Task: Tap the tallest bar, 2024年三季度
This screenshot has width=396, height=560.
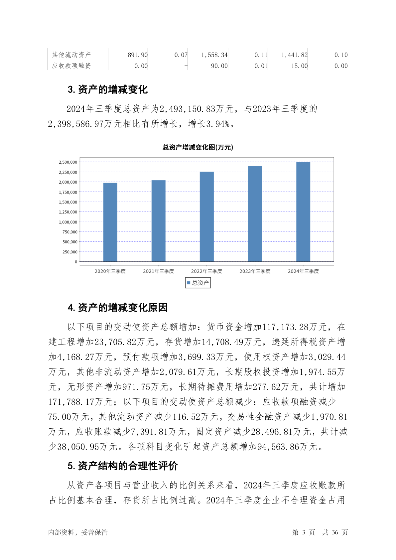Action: pyautogui.click(x=303, y=212)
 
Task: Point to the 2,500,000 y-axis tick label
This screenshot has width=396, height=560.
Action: pyautogui.click(x=68, y=162)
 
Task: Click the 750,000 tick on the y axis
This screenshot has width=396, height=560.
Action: pyautogui.click(x=70, y=232)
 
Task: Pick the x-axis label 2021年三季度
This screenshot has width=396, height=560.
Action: pyautogui.click(x=158, y=271)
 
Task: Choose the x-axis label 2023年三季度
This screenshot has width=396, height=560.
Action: pyautogui.click(x=255, y=271)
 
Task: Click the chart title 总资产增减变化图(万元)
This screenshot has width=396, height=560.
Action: pyautogui.click(x=198, y=147)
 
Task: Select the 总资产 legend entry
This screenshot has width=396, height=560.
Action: pyautogui.click(x=198, y=283)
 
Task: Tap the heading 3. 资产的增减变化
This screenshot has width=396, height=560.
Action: pyautogui.click(x=107, y=89)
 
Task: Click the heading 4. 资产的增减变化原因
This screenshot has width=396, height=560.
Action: pyautogui.click(x=117, y=308)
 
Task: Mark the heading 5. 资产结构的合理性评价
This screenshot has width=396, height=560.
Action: pyautogui.click(x=122, y=466)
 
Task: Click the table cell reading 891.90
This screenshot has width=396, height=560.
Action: pyautogui.click(x=138, y=55)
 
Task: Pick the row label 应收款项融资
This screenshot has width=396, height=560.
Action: pyautogui.click(x=71, y=66)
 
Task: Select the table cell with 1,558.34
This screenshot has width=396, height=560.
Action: pyautogui.click(x=214, y=55)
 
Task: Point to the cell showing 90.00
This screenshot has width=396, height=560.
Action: pyautogui.click(x=219, y=66)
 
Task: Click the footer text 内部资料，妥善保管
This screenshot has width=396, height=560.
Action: pyautogui.click(x=78, y=532)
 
